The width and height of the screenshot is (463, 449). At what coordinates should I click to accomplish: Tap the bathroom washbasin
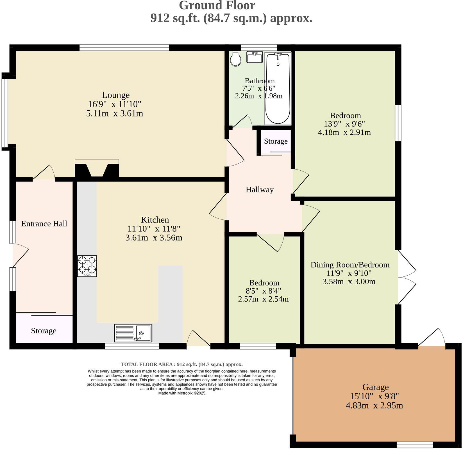point(255,57)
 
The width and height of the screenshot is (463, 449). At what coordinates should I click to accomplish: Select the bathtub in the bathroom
point(278,88)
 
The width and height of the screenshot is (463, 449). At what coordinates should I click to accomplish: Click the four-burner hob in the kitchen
point(87,266)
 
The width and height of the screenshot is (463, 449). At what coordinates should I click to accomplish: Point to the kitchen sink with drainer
point(133,333)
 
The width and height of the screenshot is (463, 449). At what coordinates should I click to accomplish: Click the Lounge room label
point(115,95)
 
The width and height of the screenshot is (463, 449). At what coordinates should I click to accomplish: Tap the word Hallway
point(260,190)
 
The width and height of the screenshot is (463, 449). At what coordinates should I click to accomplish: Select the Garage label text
point(375,387)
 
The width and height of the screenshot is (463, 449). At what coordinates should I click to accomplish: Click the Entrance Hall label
point(44,224)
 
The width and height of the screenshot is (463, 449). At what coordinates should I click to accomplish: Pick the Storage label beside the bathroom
point(276,141)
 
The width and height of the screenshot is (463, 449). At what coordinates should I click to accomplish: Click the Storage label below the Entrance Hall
point(44,331)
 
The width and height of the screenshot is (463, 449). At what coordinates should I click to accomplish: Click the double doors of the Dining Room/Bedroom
point(407,277)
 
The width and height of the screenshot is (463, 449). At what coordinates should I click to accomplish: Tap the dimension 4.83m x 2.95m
point(374,406)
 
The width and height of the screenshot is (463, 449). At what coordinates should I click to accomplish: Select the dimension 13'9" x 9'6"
point(344,124)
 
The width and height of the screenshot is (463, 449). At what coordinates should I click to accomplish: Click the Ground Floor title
point(217,6)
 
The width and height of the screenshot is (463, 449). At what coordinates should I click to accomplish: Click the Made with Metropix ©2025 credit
point(182,393)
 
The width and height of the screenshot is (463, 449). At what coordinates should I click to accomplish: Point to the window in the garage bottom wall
point(415,445)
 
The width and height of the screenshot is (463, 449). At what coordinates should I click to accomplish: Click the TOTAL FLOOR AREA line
point(182,365)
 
